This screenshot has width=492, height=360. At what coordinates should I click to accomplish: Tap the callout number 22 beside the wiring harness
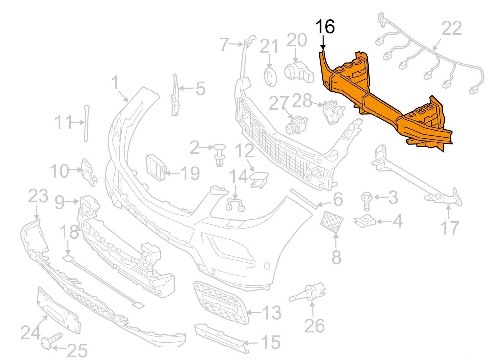tap(451, 29)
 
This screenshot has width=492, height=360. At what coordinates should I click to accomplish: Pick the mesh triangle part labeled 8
tap(331, 221)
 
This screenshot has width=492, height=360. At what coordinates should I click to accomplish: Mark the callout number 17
tap(450, 228)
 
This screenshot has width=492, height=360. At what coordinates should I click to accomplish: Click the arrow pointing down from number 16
tap(323, 43)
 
